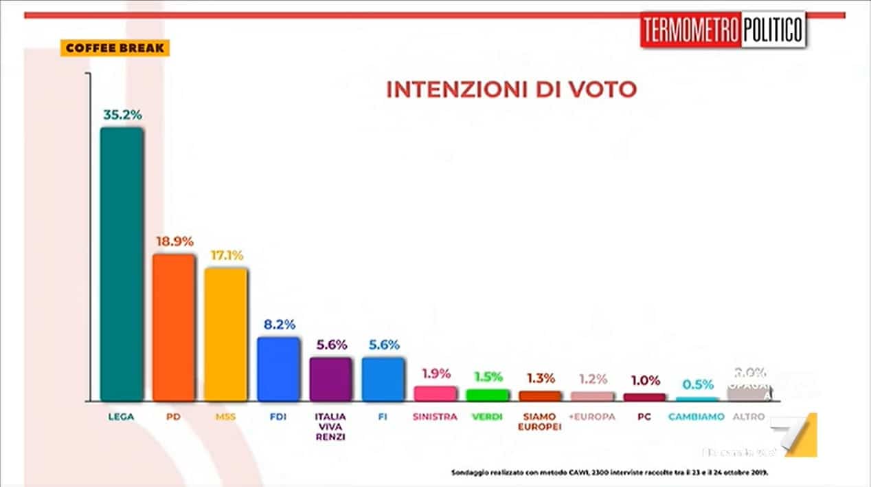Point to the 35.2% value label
tap(122, 115)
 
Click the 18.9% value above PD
tap(174, 241)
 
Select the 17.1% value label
tap(227, 255)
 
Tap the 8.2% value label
tap(278, 325)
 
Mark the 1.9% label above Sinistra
tap(435, 374)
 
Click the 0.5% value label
tap(698, 385)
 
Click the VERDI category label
tap(487, 417)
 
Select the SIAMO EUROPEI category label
tap(539, 422)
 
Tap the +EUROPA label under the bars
tap(591, 417)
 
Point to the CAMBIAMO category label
tap(697, 417)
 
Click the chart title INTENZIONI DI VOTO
tap(511, 89)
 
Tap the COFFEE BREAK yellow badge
tap(115, 48)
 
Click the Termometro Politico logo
tap(723, 30)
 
